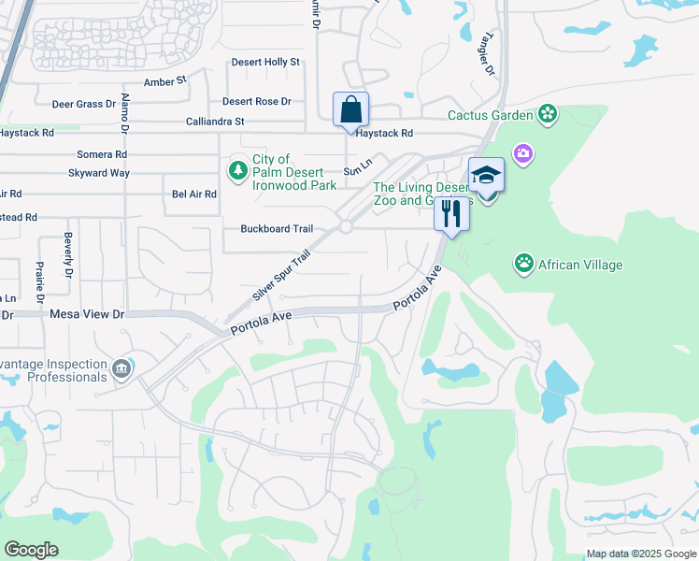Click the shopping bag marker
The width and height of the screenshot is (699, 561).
pos(350,110)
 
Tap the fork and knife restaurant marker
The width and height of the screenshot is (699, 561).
pos(452,215)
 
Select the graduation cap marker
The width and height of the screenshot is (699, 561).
pos(486,175)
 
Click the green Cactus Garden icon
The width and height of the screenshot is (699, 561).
pos(548,115)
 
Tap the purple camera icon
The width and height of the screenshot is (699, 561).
pos(522,153)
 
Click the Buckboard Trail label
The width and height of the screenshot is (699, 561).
pos(277,229)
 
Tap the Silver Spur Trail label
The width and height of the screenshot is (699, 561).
pos(280,275)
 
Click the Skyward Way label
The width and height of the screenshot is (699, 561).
pos(99,173)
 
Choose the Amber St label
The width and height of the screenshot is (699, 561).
pos(165,82)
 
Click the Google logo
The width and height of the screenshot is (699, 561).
pos(31,550)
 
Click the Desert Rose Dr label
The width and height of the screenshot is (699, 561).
pos(256,102)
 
